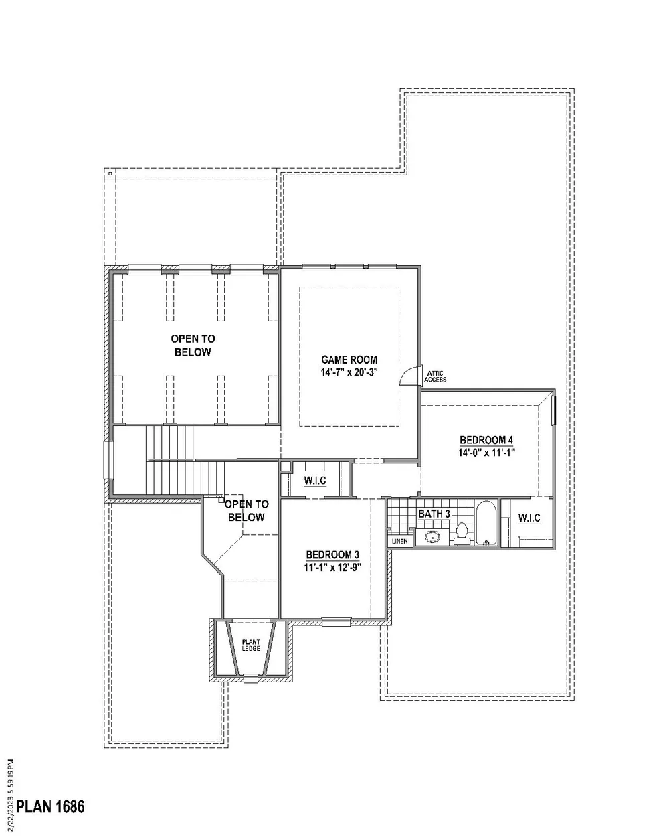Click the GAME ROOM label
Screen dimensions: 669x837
coord(349,360)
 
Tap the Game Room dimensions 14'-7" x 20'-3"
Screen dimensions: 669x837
coord(349,372)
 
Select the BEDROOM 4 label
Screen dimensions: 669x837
coord(486,440)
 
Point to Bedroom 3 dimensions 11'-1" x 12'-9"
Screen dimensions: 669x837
coord(332,567)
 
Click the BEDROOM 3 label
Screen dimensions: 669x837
coord(332,554)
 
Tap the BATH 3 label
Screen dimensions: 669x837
coord(434,514)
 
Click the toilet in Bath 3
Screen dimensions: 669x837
coord(462,534)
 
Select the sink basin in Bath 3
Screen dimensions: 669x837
coord(431,538)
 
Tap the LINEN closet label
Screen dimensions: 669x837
coord(399,541)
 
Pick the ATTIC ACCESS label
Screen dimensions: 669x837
coord(435,376)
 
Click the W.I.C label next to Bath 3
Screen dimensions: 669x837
coord(529,518)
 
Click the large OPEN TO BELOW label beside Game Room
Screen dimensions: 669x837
coord(193,346)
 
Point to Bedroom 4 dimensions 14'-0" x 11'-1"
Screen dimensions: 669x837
coord(486,453)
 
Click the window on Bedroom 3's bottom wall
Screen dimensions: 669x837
coord(337,622)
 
